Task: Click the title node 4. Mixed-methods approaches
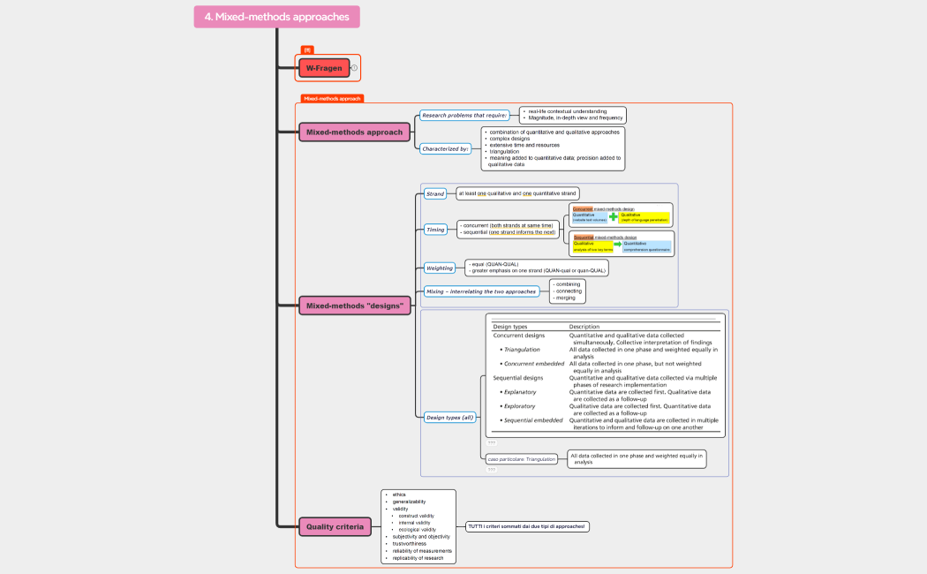pyautogui.click(x=276, y=17)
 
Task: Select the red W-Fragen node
pyautogui.click(x=324, y=68)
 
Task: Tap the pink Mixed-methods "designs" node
pyautogui.click(x=355, y=306)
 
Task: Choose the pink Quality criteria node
pyautogui.click(x=334, y=527)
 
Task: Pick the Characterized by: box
pyautogui.click(x=445, y=148)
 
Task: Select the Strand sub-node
pyautogui.click(x=435, y=193)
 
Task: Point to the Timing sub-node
pyautogui.click(x=436, y=230)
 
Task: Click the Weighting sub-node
pyautogui.click(x=440, y=268)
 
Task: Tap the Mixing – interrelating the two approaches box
pyautogui.click(x=481, y=291)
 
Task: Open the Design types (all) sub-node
pyautogui.click(x=449, y=417)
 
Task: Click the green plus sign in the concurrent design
pyautogui.click(x=614, y=216)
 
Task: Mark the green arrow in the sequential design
pyautogui.click(x=618, y=244)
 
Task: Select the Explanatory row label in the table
pyautogui.click(x=520, y=391)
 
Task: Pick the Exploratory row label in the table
pyautogui.click(x=519, y=406)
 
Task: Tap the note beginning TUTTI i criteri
pyautogui.click(x=528, y=526)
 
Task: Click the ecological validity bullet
pyautogui.click(x=417, y=529)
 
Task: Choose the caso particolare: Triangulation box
pyautogui.click(x=522, y=459)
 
